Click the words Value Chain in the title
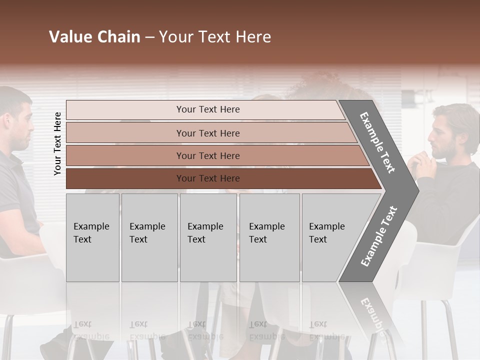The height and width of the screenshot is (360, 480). coord(94,37)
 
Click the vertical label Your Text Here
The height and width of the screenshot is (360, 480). coord(57,143)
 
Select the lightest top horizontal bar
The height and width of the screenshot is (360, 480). coord(125,110)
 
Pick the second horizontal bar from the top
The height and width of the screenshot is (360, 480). coord(125,133)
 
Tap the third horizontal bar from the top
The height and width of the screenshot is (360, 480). coord(125,155)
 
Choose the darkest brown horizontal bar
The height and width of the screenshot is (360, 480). coord(125,178)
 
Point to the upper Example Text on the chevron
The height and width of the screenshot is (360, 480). coord(377,142)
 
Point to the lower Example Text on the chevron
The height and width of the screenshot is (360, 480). coord(379,236)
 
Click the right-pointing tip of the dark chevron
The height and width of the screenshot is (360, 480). coord(415,190)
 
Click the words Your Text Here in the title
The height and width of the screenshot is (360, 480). coord(215,37)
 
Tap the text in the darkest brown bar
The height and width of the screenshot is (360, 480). coord(208,178)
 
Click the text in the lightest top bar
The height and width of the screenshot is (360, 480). coord(208,109)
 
